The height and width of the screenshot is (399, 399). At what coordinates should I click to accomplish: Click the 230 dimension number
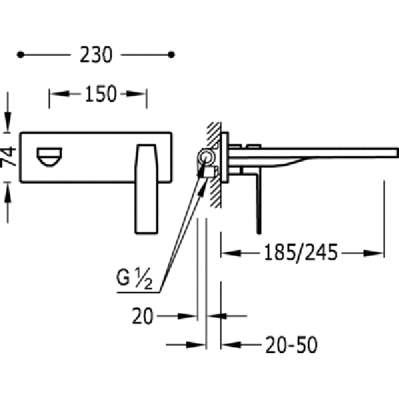(96, 55)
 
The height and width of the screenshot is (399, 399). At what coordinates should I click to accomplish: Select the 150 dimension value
(101, 94)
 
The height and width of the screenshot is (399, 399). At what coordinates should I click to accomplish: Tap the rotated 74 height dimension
(8, 156)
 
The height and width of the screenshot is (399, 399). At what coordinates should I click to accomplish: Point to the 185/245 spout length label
(301, 253)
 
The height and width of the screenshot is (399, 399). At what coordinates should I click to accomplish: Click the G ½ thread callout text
(134, 278)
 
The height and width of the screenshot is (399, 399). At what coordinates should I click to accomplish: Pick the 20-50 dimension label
(291, 344)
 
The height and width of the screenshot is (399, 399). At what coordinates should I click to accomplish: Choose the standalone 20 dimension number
(142, 317)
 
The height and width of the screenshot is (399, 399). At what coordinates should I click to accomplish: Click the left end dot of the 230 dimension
(21, 55)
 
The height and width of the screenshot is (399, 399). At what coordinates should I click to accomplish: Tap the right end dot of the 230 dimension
(172, 55)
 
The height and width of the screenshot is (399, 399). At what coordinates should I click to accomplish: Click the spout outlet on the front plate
(50, 157)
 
